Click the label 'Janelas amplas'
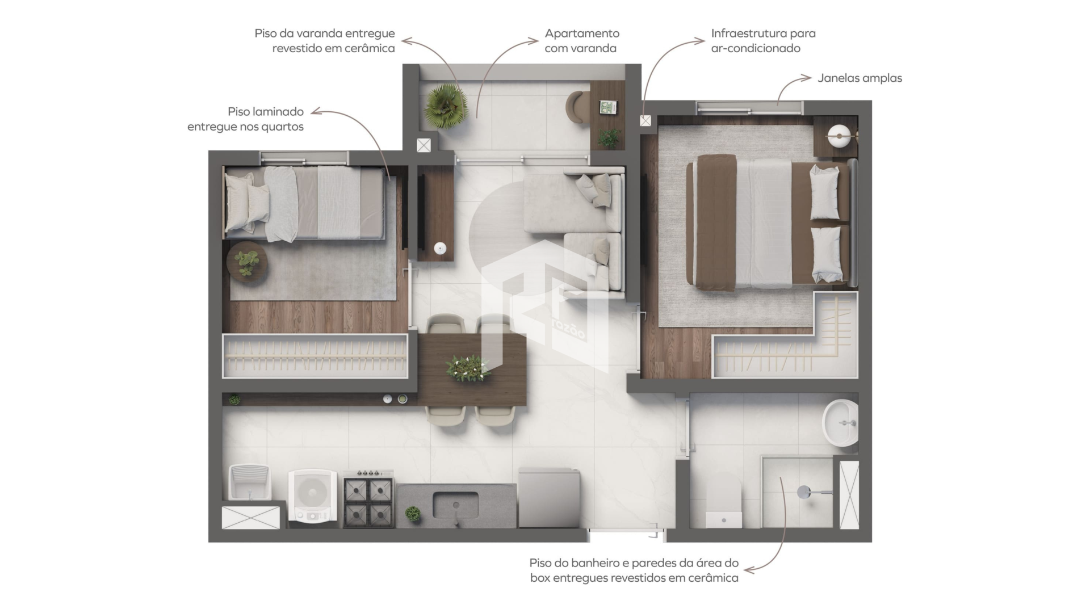tap(860, 78)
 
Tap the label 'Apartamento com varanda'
tap(582, 41)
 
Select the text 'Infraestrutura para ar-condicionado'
tap(763, 41)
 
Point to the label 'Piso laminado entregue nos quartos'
tap(245, 119)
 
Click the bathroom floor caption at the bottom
tap(634, 570)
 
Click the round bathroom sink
tap(840, 423)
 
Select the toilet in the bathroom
tap(723, 502)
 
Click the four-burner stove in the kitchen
tap(368, 498)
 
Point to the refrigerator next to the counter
tap(548, 498)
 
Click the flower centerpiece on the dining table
tap(468, 368)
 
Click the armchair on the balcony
tap(578, 107)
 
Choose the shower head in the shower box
tap(804, 492)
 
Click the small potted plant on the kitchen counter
tap(413, 514)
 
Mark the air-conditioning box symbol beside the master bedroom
tap(645, 120)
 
